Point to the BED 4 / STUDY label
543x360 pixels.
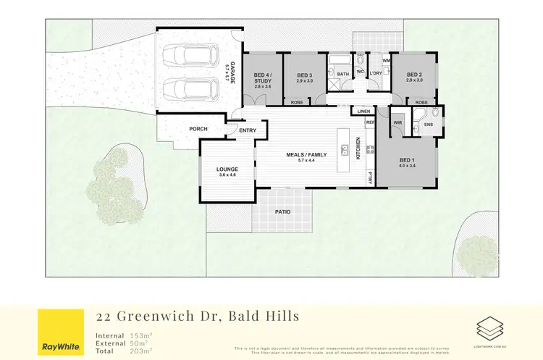(x=262, y=78)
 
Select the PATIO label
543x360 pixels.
(x=282, y=212)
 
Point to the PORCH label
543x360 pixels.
(x=198, y=129)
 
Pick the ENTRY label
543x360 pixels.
(x=248, y=130)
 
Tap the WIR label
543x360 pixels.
(x=397, y=123)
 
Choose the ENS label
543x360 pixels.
(x=429, y=125)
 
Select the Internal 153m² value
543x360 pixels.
(x=142, y=335)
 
